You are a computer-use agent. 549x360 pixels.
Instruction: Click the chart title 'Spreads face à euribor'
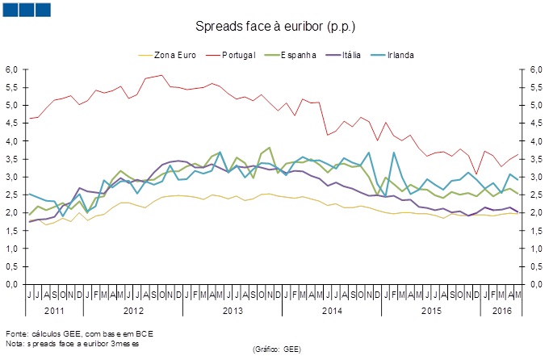click(x=274, y=27)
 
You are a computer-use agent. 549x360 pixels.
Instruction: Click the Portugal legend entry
click(x=238, y=55)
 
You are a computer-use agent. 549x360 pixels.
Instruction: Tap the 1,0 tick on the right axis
click(x=534, y=249)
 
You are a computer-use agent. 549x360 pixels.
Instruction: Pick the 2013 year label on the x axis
click(x=233, y=310)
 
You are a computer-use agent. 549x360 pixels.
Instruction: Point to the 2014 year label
click(x=331, y=310)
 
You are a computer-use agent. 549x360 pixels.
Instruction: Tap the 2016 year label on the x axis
click(x=502, y=310)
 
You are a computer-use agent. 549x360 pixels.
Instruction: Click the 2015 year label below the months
click(x=431, y=310)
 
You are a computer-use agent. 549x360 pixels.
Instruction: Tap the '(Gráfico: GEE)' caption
click(x=276, y=349)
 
